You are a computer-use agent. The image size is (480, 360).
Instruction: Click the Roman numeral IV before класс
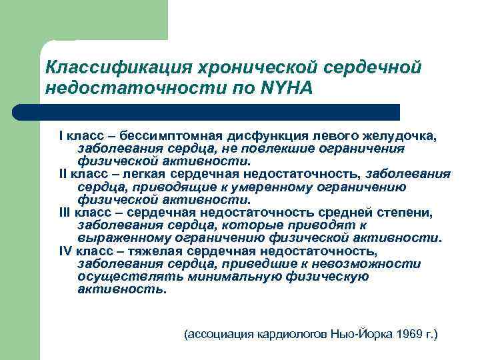[65, 252]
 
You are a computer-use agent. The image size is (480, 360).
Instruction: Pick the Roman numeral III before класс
[65, 213]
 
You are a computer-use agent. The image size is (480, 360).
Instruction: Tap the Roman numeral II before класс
[63, 175]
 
